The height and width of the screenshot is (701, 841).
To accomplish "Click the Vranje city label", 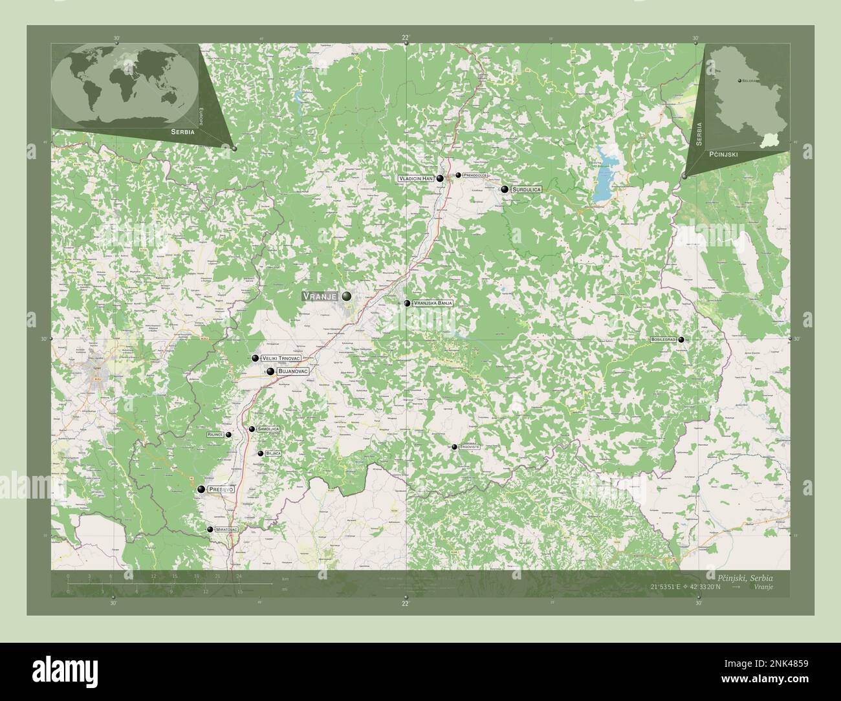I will point(320,296).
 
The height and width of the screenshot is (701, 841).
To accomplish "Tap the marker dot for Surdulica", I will point(505,189).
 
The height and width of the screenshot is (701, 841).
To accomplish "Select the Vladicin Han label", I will point(416,178).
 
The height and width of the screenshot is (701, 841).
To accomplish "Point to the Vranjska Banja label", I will point(433,303).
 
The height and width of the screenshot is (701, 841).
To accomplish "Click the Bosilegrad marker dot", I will point(681,340).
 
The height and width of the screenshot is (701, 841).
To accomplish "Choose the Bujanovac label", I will point(292,372).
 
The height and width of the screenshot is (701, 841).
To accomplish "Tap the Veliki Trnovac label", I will point(281,358).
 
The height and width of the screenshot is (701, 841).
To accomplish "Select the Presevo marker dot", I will point(202,490).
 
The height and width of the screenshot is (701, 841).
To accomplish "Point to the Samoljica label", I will point(268,429).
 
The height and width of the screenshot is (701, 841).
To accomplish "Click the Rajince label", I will point(215,435).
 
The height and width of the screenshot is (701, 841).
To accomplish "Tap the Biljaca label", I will point(273,454).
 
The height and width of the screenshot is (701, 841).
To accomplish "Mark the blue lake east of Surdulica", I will point(603,182).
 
